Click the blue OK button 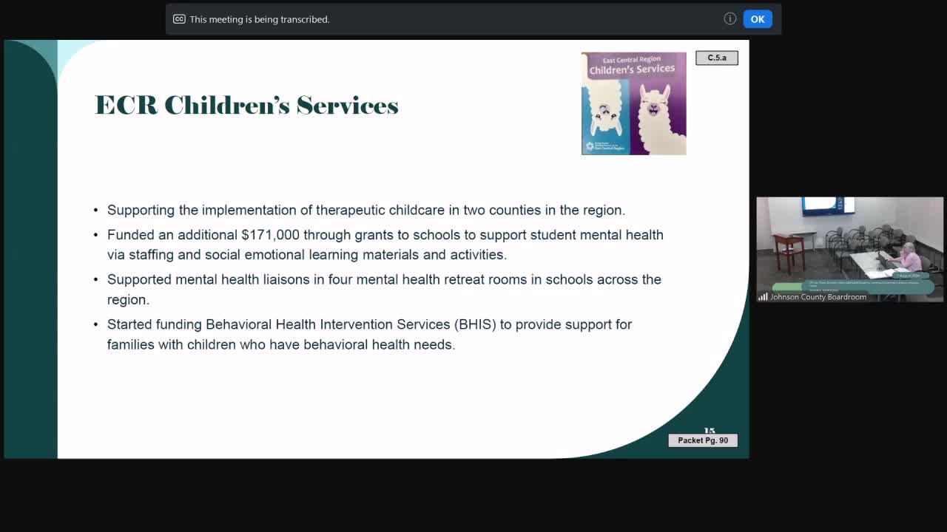pos(757,19)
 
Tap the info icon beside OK pos(729,19)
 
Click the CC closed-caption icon pos(179,19)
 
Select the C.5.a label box pos(716,58)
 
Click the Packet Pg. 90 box pos(702,440)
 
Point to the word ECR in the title pos(126,106)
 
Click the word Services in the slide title pos(347,106)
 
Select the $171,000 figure pos(270,235)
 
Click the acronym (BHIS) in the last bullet pos(476,324)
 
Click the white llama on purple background pos(656,111)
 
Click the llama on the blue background pos(607,115)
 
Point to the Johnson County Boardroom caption pos(818,297)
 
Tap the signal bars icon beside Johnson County pos(763,297)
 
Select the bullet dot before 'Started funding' pos(96,324)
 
